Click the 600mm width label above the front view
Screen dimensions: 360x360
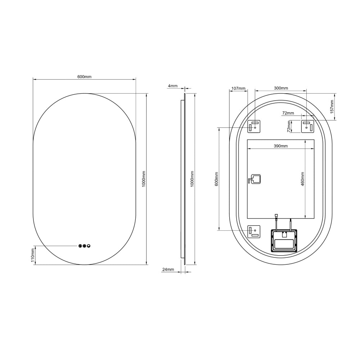tap(84, 77)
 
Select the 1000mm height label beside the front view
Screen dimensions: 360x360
tap(144, 179)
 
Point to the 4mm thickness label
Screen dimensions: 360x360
tap(172, 86)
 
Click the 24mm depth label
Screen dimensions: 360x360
tap(168, 269)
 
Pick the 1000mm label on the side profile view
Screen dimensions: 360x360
tap(192, 179)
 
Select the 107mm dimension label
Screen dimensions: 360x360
tap(238, 89)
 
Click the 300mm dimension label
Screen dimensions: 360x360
tap(281, 88)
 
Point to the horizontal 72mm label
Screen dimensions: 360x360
tap(288, 113)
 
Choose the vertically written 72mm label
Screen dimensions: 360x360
tap(289, 126)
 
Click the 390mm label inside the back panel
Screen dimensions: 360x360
tap(281, 146)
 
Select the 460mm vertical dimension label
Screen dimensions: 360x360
tap(302, 179)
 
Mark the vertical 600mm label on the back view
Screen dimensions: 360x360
tap(216, 179)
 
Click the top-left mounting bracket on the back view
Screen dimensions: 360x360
tap(254, 126)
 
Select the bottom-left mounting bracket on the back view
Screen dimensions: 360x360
tap(254, 231)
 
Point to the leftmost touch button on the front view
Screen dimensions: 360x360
tap(80, 246)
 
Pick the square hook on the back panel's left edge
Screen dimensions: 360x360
tap(255, 179)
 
